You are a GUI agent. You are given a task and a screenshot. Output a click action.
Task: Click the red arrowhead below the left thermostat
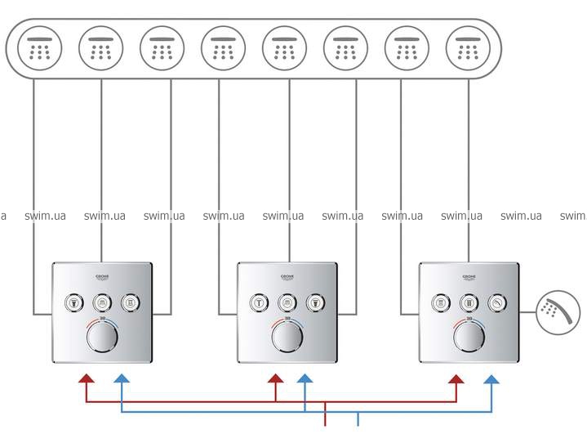click(85, 379)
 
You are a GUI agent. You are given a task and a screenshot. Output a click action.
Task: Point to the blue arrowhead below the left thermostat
click(121, 379)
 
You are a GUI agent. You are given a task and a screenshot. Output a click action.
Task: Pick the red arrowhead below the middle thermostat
click(275, 379)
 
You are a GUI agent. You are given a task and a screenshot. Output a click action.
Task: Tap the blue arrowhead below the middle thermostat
click(305, 379)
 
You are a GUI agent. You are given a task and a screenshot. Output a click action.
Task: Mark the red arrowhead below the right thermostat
click(456, 379)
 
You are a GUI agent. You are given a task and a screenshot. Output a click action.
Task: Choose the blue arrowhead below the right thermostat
click(492, 379)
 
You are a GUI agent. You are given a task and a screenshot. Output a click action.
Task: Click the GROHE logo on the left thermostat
click(102, 275)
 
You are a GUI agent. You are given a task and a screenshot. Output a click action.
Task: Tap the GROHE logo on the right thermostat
click(468, 275)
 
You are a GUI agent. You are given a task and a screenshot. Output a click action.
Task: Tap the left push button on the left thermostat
click(74, 302)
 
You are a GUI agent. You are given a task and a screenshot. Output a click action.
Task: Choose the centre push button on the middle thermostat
click(287, 302)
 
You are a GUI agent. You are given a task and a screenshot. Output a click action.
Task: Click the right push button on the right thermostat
click(496, 302)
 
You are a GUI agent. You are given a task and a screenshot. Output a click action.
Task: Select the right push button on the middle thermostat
click(314, 302)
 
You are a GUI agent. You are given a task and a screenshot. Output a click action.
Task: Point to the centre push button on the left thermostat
click(102, 302)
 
